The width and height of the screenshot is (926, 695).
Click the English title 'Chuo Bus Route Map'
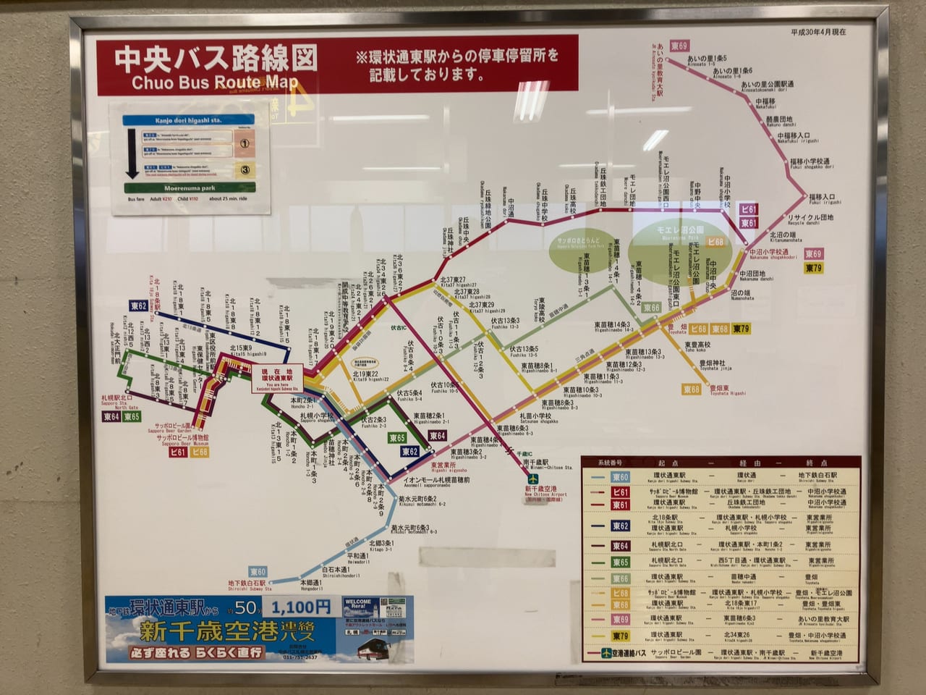215,83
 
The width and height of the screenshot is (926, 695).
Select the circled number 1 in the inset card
245,143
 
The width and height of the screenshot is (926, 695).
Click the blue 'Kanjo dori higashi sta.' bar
190,122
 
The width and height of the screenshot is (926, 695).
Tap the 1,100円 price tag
300,607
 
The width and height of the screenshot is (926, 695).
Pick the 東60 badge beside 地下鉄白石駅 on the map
258,572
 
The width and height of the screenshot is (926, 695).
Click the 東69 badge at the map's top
679,46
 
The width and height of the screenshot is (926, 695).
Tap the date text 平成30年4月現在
818,32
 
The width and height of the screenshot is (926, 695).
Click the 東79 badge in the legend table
621,636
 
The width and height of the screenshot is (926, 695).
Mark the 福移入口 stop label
822,197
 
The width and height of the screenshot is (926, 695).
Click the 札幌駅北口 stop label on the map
117,399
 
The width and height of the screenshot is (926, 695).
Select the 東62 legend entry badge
621,526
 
